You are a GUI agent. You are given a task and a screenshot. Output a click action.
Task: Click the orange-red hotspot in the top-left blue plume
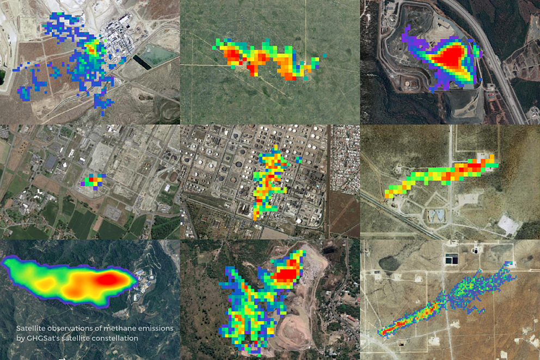(x=91, y=48)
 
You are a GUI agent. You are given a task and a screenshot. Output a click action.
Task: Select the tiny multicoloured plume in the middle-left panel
(x=94, y=181)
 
